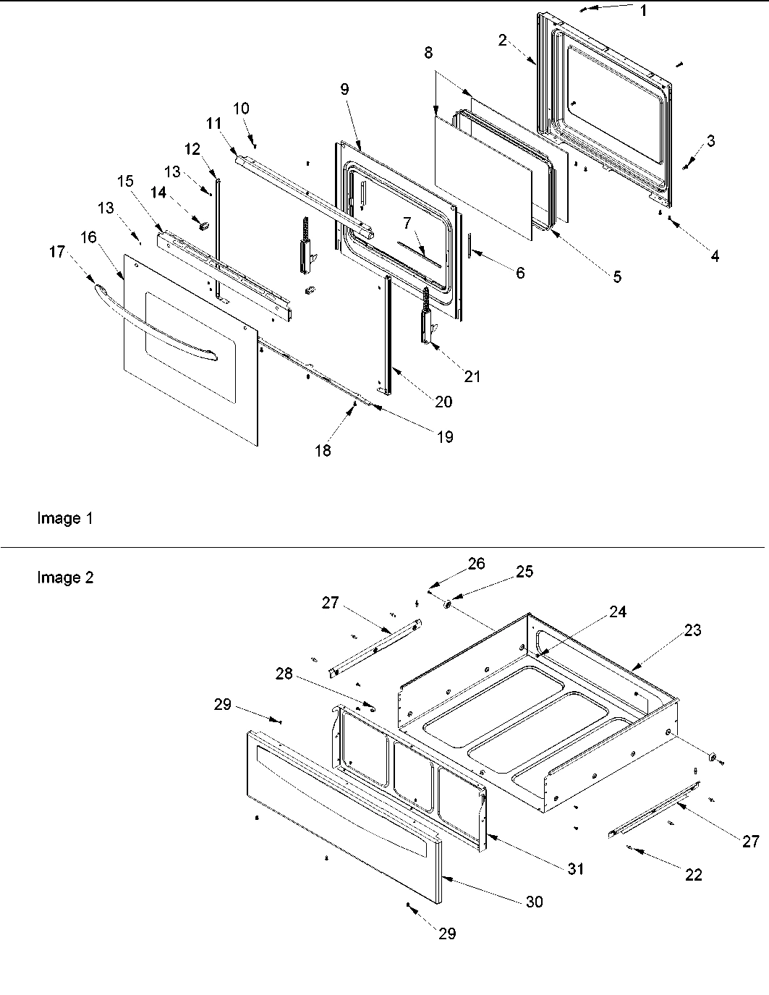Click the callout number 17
tap(57, 252)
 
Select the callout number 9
tap(344, 89)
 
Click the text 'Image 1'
tap(65, 519)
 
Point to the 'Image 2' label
tap(65, 578)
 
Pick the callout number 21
tap(472, 376)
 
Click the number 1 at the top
tap(643, 10)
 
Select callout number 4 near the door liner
tap(714, 256)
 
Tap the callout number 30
tap(535, 902)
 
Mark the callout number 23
tap(692, 630)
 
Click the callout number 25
tap(524, 572)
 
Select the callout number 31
tap(575, 869)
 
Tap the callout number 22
tap(693, 875)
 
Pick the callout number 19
tap(446, 436)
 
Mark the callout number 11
tap(213, 124)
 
